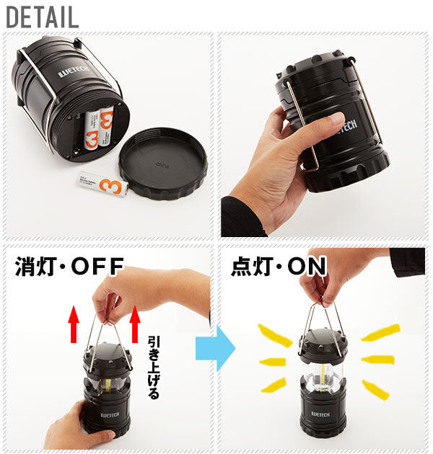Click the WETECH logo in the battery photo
pyautogui.click(x=72, y=72)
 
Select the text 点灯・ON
pyautogui.click(x=279, y=267)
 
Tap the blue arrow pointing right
pyautogui.click(x=214, y=350)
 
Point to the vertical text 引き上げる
pyautogui.click(x=152, y=367)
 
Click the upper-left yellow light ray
pyautogui.click(x=274, y=335)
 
